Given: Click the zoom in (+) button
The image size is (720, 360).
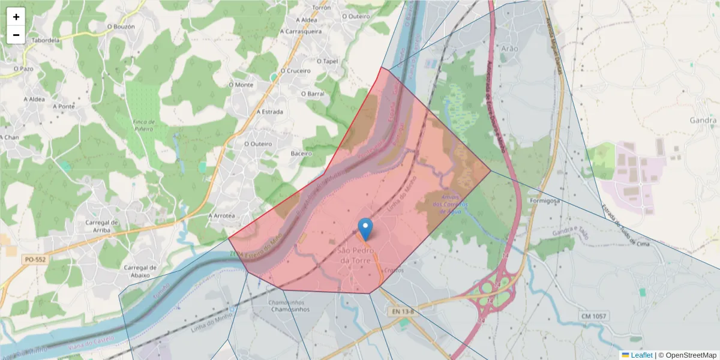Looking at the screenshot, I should pyautogui.click(x=16, y=17).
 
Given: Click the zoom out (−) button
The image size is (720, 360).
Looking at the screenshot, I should pyautogui.click(x=16, y=35).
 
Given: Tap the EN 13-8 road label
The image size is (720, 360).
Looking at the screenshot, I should pyautogui.click(x=404, y=312).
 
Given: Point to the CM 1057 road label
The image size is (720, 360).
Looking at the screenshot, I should pyautogui.click(x=594, y=316).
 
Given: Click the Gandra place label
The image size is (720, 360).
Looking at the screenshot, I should pyautogui.click(x=703, y=120).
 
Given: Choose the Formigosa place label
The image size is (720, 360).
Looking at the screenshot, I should pyautogui.click(x=545, y=200).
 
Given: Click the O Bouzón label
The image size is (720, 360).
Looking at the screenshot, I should pyautogui.click(x=121, y=26).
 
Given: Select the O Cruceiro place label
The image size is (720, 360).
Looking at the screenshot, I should pyautogui.click(x=295, y=70).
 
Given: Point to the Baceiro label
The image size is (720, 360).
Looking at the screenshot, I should pyautogui.click(x=301, y=154).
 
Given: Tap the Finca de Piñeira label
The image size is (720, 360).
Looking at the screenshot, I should pyautogui.click(x=142, y=125).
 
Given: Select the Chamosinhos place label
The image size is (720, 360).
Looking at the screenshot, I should pyautogui.click(x=290, y=310).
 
